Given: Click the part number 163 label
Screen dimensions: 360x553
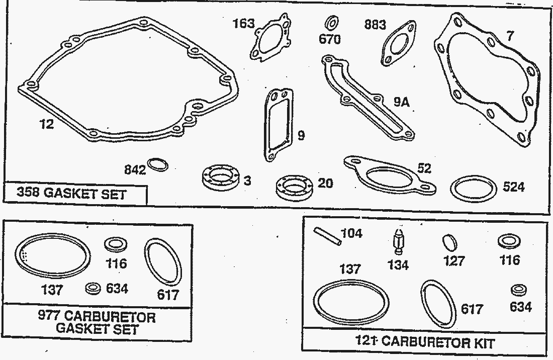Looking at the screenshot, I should [243, 24].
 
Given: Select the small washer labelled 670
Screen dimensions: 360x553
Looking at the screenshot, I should [331, 23].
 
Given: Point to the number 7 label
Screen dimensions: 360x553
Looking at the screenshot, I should [510, 36].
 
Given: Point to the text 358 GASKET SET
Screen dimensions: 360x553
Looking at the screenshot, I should [72, 194].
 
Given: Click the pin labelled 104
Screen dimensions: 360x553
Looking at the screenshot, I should [328, 236].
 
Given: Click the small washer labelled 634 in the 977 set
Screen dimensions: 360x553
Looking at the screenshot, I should [92, 289].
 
